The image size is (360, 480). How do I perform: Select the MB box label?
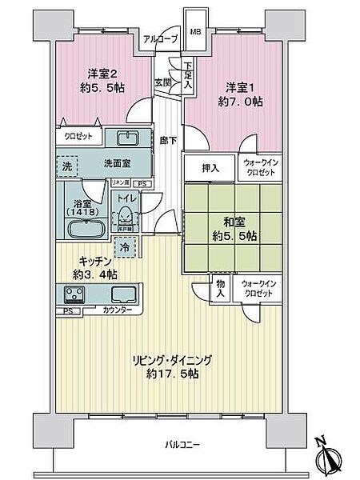(194, 34)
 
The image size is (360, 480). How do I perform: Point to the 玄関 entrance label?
(162, 82)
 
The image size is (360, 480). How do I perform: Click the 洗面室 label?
(117, 162)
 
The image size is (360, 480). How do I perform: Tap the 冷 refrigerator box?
(124, 248)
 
